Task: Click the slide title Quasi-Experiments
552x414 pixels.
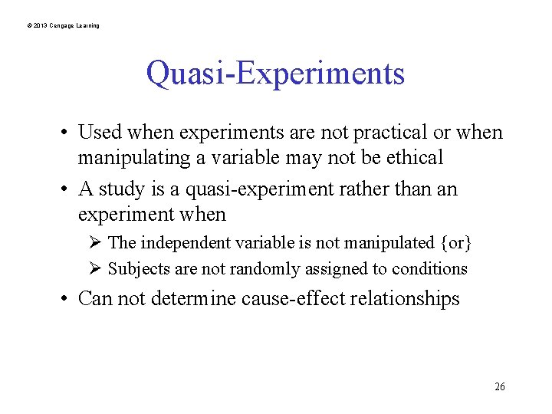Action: [x=275, y=74]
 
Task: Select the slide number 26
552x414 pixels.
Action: [x=499, y=386]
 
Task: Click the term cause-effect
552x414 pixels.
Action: [x=293, y=298]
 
